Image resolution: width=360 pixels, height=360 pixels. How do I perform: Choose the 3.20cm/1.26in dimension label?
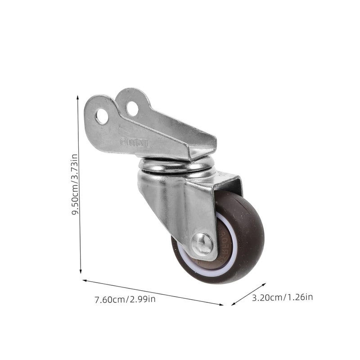(283, 297)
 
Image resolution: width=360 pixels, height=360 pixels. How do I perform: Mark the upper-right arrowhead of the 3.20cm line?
(265, 284)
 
